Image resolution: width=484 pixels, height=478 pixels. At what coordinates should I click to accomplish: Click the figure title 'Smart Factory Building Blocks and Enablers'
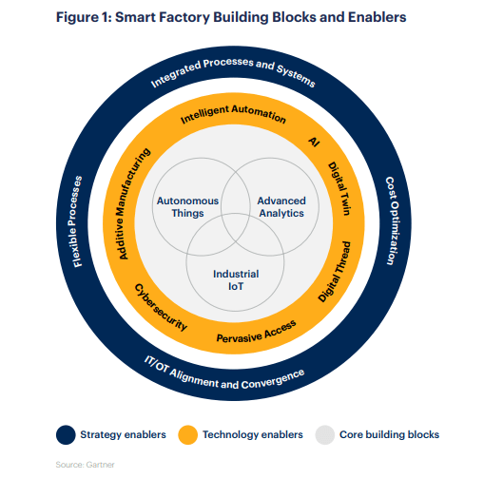tap(261, 17)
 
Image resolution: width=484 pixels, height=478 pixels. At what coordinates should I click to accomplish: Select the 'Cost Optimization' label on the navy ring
tap(393, 220)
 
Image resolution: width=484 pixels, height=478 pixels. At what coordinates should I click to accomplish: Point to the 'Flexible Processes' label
tap(76, 221)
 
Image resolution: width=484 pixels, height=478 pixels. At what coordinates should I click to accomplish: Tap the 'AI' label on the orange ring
tap(314, 142)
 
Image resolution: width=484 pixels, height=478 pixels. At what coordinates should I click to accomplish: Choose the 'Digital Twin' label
tap(339, 189)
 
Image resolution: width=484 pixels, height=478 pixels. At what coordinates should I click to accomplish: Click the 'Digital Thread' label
tap(336, 272)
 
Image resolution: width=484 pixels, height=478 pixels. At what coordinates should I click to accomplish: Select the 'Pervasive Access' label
tap(257, 333)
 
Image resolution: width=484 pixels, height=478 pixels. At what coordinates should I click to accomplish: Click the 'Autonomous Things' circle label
tap(187, 207)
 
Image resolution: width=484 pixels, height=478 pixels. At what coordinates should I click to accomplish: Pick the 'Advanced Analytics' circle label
tap(281, 207)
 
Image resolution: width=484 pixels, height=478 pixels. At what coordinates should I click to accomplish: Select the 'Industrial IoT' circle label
tap(236, 280)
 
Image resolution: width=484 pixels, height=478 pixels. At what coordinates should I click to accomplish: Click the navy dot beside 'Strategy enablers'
tap(66, 434)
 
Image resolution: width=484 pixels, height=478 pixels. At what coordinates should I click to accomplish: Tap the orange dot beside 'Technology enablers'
tap(188, 434)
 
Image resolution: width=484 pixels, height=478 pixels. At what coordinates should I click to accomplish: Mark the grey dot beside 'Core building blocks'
tap(325, 434)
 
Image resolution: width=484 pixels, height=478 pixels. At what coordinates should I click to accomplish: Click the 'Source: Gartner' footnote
tap(85, 465)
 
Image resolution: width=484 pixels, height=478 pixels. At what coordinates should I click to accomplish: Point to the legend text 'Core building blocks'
tap(389, 434)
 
